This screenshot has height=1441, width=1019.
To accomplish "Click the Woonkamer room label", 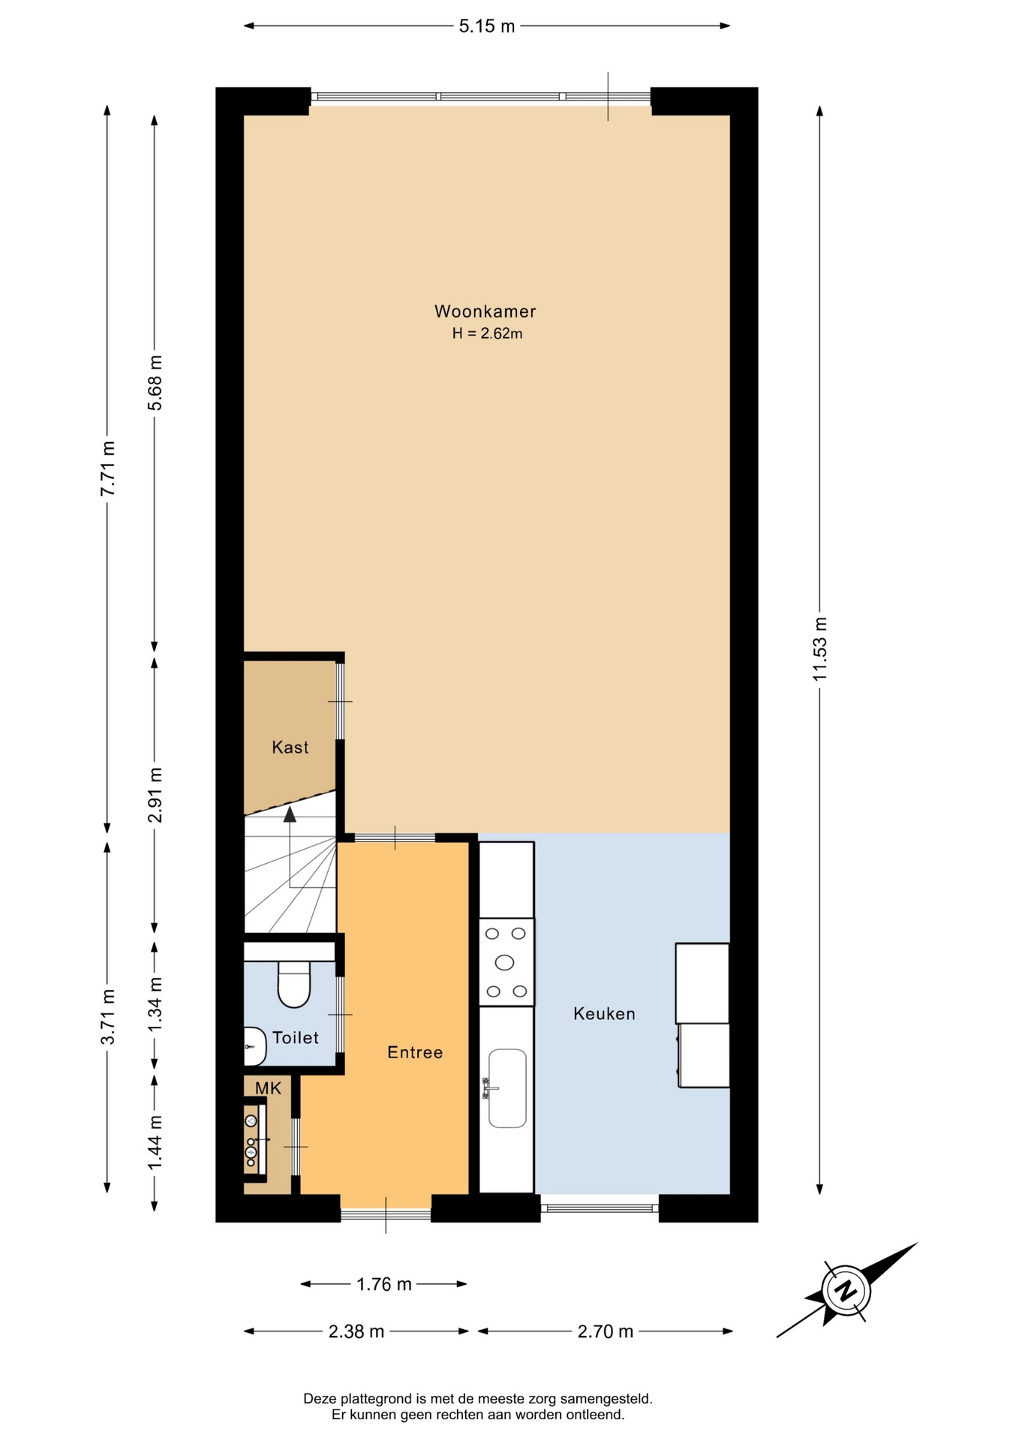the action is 485,311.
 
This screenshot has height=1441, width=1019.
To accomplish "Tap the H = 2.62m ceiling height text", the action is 487,333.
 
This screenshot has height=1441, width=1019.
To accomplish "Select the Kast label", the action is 290,747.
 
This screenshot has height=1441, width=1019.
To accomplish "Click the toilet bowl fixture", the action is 294,984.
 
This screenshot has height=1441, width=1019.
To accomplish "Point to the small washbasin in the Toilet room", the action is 255,1046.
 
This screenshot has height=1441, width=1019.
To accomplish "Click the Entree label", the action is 415,1052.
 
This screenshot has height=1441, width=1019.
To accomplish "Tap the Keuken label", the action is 604,1013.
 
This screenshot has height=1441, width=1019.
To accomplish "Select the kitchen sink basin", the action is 507,1088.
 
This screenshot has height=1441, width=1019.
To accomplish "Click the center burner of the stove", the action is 505,962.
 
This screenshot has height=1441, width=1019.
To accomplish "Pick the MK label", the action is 268,1088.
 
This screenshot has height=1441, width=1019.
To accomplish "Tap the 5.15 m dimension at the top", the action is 487,26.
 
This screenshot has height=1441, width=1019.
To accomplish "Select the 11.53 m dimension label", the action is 819,648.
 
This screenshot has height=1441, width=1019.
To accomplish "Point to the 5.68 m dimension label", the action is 155,383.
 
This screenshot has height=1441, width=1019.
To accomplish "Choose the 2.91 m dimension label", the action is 155,795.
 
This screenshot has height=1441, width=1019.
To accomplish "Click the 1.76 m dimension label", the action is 383,1284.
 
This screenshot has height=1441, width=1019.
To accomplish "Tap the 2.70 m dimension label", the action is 606,1331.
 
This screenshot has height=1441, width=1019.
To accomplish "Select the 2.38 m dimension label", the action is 356,1331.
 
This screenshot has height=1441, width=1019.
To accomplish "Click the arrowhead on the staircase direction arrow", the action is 290,814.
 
